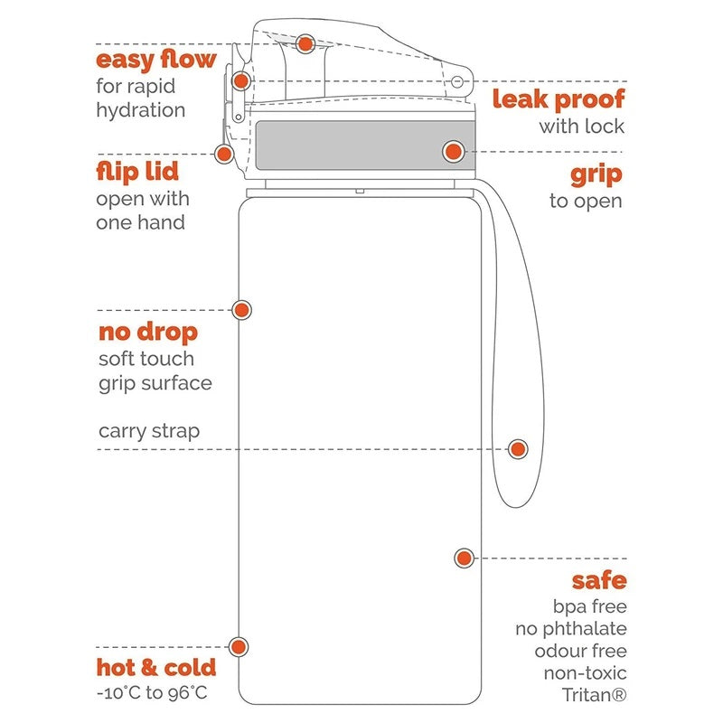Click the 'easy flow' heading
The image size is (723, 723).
(156, 61)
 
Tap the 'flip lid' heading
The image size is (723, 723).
(137, 172)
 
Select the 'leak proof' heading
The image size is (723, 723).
(558, 99)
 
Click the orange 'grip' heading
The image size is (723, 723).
(596, 174)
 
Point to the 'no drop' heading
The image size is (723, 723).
(147, 333)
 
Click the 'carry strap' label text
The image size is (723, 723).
(149, 431)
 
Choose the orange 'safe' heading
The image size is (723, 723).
(598, 581)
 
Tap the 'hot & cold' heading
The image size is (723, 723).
(156, 669)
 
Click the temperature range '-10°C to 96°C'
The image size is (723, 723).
(153, 694)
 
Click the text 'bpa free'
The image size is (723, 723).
(589, 606)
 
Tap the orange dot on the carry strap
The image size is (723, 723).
(518, 448)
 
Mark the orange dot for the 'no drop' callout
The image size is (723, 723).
(241, 309)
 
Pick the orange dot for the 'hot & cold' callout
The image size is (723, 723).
(239, 646)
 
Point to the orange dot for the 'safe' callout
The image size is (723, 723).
(464, 558)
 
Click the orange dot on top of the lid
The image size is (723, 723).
(305, 42)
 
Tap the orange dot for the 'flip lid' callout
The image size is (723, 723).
(223, 154)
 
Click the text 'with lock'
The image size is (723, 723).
(581, 127)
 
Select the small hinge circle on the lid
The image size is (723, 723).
(456, 81)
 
